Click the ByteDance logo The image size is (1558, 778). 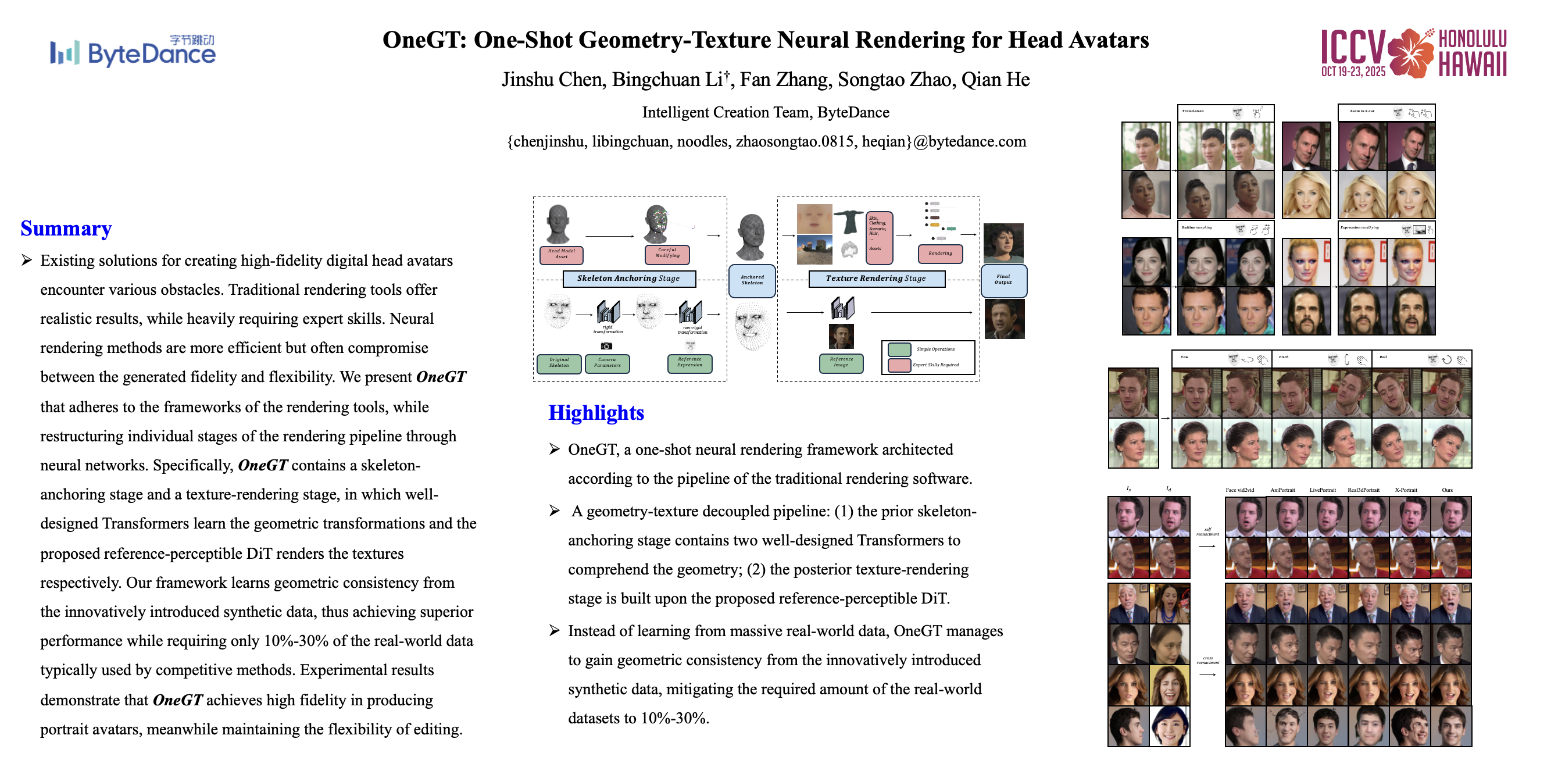click(133, 51)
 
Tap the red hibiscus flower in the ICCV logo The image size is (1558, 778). click(1410, 53)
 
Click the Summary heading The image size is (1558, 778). click(66, 228)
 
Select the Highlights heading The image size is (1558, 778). click(596, 413)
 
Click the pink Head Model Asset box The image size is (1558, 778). click(561, 254)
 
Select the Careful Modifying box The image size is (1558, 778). click(667, 254)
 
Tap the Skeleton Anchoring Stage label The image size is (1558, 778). click(628, 279)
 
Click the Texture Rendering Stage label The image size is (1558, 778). click(876, 279)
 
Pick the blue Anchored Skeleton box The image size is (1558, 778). click(752, 280)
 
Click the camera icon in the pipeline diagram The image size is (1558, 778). click(606, 346)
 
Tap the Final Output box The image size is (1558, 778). click(1003, 280)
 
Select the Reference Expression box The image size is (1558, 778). click(689, 363)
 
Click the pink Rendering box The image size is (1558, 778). click(940, 254)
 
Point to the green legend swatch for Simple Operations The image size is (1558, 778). click(899, 349)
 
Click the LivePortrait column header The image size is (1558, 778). click(1322, 490)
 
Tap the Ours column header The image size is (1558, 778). click(1447, 490)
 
